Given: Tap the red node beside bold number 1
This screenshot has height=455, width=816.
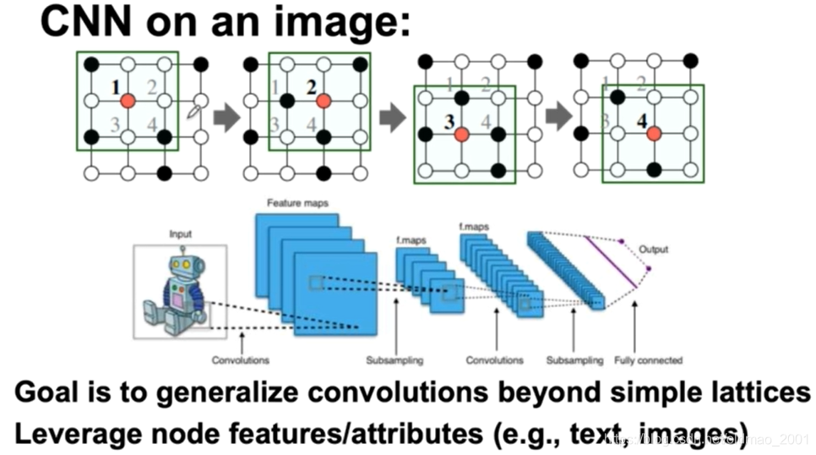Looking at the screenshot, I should click(x=127, y=101).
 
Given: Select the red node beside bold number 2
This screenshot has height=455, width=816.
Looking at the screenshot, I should click(x=323, y=101).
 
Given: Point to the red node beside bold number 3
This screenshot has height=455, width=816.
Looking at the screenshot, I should click(x=461, y=134).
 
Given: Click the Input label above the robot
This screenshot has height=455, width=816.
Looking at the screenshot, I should click(x=181, y=233).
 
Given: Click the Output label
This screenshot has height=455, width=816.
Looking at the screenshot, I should click(x=653, y=249).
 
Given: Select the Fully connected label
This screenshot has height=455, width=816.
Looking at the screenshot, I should click(x=648, y=360).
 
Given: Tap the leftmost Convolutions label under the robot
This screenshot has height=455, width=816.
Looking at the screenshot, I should click(x=241, y=360).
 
